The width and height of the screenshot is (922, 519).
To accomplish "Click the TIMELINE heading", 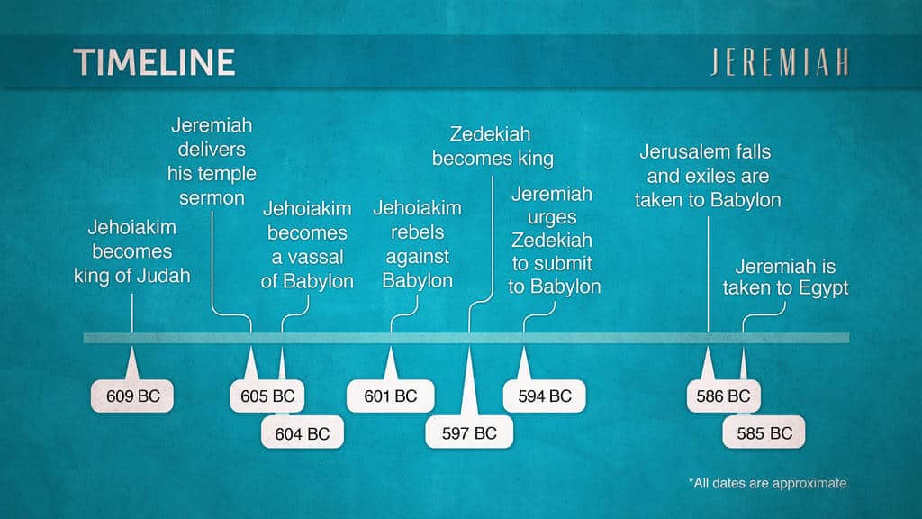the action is (x=154, y=62).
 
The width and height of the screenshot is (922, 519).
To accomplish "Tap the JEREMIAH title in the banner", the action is (x=780, y=62).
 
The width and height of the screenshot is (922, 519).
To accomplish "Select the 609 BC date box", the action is (x=132, y=396).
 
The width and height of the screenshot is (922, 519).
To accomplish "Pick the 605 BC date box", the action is (x=267, y=396).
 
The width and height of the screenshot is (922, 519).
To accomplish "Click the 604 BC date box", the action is (x=303, y=433).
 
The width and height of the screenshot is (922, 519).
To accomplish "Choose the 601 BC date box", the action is (x=391, y=396).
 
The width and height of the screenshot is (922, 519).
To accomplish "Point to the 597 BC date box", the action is (x=469, y=433).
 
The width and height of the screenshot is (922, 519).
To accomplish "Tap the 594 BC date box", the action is (x=545, y=396).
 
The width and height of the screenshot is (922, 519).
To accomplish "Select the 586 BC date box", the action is (x=723, y=396).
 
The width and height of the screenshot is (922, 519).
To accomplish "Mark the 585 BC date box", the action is (x=764, y=433).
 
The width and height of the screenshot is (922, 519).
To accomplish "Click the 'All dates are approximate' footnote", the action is (x=768, y=483).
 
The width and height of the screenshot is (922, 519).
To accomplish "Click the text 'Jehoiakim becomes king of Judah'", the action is (x=131, y=251).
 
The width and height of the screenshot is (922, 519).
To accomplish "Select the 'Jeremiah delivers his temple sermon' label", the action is (x=212, y=161).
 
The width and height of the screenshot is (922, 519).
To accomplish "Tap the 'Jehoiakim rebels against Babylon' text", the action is (x=418, y=243).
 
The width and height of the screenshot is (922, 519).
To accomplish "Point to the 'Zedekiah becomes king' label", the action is (x=493, y=146).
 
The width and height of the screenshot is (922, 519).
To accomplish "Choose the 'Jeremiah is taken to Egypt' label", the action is (x=785, y=277).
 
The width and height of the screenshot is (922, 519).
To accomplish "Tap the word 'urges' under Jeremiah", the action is (x=552, y=218).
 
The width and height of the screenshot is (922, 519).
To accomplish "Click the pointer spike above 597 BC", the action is (x=469, y=381).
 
